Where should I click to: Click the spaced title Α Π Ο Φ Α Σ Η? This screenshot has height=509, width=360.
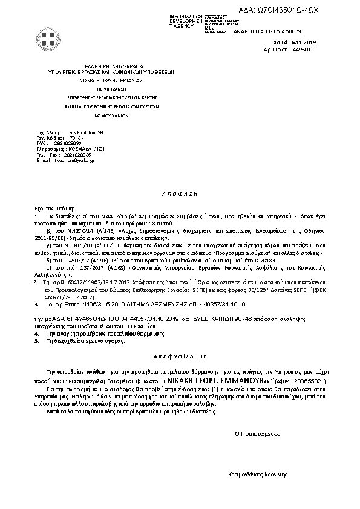tap(181, 195)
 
